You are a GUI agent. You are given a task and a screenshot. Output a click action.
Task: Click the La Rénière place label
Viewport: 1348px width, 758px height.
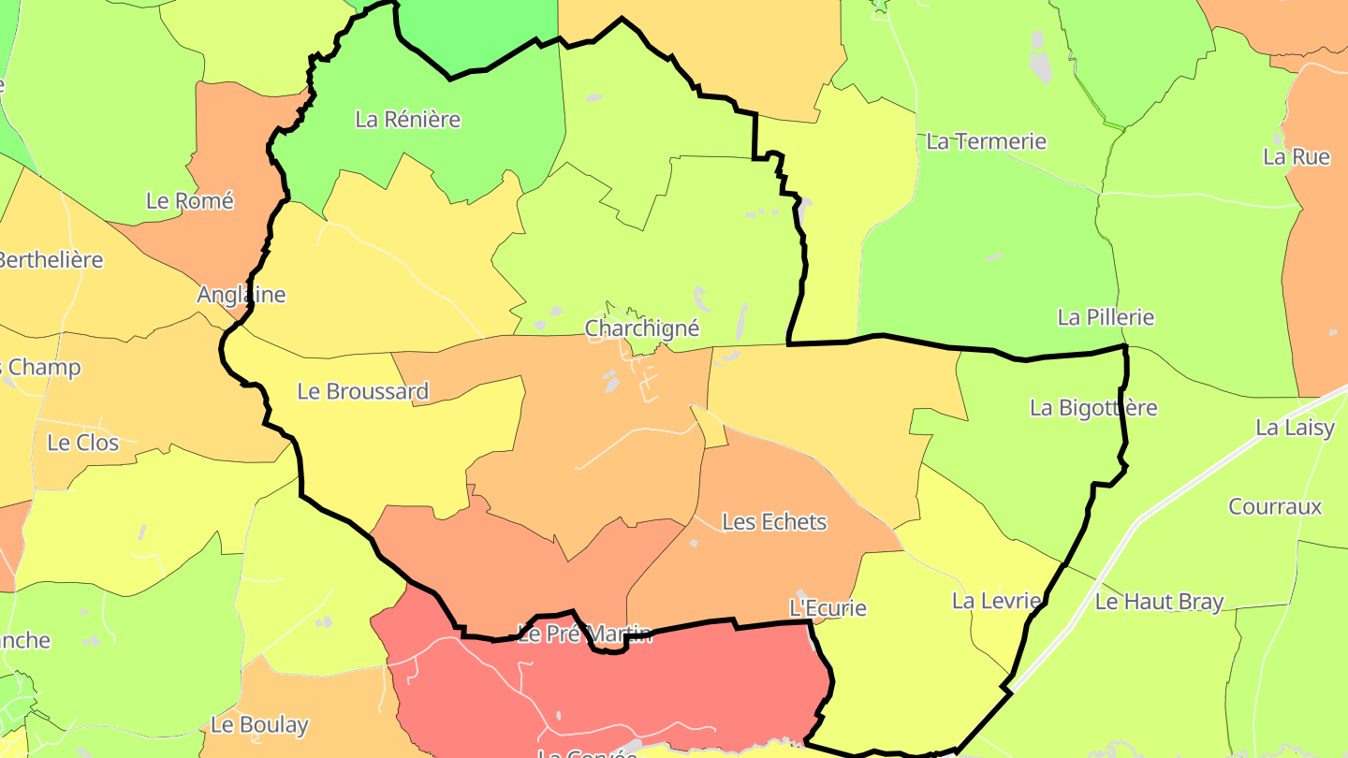[x=408, y=120]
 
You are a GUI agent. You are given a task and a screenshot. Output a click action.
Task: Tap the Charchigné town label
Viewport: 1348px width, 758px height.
[x=641, y=328]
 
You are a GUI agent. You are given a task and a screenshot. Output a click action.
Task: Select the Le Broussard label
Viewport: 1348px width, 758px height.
[x=362, y=391]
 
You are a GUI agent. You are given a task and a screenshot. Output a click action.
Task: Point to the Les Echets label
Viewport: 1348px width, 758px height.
[x=774, y=521]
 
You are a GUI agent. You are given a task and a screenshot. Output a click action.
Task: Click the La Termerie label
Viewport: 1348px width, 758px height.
[x=986, y=141]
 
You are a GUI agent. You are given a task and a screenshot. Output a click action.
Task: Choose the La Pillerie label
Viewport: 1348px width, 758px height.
[x=1106, y=317]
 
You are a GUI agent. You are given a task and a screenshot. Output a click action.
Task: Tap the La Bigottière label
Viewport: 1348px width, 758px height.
[x=1093, y=408]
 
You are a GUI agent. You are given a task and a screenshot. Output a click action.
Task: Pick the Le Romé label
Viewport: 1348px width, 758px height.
[x=189, y=200]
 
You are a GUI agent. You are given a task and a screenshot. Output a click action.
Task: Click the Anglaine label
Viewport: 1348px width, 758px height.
[x=241, y=295]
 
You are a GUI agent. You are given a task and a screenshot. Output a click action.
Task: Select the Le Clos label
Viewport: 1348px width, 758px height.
[x=82, y=442]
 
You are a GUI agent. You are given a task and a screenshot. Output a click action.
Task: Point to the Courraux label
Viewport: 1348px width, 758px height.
[x=1275, y=506]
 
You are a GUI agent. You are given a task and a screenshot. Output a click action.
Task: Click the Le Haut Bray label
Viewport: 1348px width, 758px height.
[x=1159, y=602]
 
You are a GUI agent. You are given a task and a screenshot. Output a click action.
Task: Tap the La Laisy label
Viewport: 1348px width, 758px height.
[x=1295, y=428]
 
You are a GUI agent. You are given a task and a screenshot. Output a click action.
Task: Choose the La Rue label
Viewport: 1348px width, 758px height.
[x=1296, y=156]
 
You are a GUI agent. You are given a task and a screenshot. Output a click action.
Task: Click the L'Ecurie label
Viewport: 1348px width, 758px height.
[x=828, y=608]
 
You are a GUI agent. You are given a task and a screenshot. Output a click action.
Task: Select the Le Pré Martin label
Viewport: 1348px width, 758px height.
[x=584, y=634]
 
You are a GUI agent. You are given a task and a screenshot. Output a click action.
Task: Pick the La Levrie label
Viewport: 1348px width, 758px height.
[x=996, y=601]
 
